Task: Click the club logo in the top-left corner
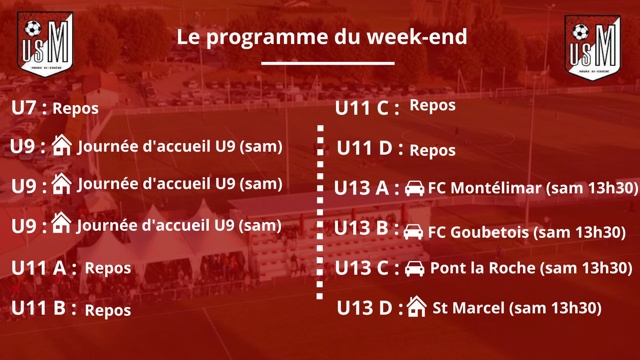(45, 44)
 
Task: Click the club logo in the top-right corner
(592, 48)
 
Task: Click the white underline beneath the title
(328, 63)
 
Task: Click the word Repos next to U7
(76, 109)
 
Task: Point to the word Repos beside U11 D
(433, 151)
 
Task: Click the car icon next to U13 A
(415, 188)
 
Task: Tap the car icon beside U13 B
(413, 232)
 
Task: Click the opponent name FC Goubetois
(478, 232)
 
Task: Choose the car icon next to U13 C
(415, 268)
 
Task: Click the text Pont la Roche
(483, 268)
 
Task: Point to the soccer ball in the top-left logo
(33, 29)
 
